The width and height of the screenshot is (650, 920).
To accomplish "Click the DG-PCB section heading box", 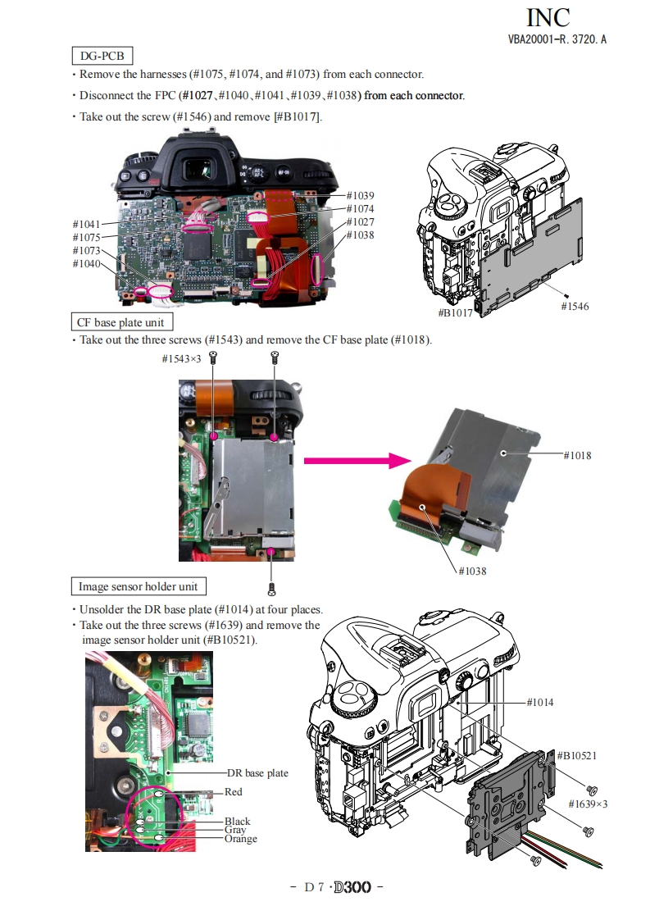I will click(x=102, y=56).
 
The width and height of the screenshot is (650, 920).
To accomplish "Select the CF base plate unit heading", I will click(x=120, y=322).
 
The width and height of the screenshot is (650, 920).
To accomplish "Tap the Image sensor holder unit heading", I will click(x=138, y=586).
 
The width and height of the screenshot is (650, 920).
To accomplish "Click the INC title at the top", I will click(x=548, y=17).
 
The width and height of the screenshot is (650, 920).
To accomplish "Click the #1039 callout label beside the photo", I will click(x=360, y=195).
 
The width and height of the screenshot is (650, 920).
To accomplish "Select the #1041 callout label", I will click(x=87, y=224).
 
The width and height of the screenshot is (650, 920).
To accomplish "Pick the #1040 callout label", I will click(x=87, y=263).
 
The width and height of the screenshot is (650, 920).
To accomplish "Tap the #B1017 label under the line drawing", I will click(x=455, y=313).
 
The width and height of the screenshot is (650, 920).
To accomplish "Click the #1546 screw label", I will click(x=575, y=306).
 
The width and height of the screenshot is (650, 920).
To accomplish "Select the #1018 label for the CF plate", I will click(x=578, y=455).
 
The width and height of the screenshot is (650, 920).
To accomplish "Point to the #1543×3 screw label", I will click(x=181, y=359).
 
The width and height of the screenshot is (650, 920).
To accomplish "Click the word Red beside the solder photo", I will click(x=234, y=792).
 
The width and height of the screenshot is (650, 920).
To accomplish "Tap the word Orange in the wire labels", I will click(x=241, y=839).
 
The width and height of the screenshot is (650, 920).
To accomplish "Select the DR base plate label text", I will click(x=258, y=773).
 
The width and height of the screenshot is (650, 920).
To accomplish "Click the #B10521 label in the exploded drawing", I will click(x=577, y=754).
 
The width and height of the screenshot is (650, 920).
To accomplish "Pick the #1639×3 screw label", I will click(x=588, y=804).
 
